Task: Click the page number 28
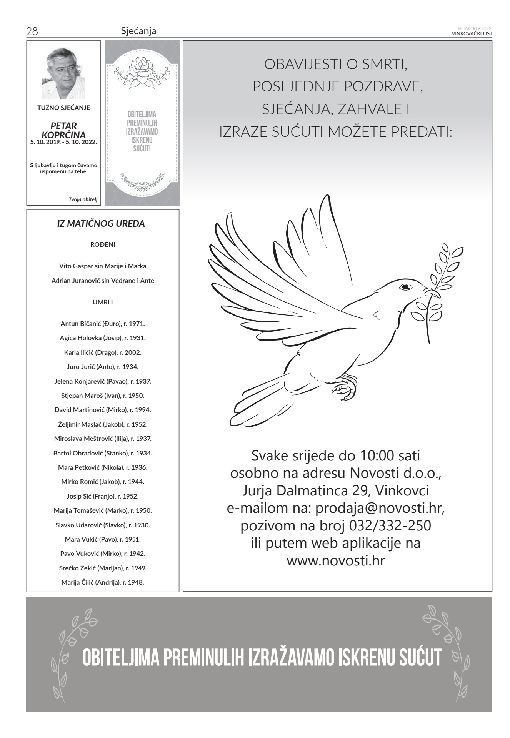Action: (32, 31)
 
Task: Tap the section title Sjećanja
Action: (138, 31)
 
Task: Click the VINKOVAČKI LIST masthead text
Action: (472, 33)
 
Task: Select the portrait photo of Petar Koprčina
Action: (63, 73)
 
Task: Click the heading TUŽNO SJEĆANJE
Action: (63, 108)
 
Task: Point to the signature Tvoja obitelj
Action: (83, 199)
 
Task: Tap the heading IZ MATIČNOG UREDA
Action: (101, 224)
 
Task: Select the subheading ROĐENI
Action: (103, 244)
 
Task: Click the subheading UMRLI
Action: (103, 302)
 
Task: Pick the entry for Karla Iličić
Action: (103, 352)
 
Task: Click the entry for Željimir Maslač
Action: (103, 424)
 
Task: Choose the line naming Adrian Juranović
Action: (103, 281)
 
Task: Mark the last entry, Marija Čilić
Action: (103, 582)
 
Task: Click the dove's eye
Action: (405, 287)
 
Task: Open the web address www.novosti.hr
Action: (335, 561)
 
